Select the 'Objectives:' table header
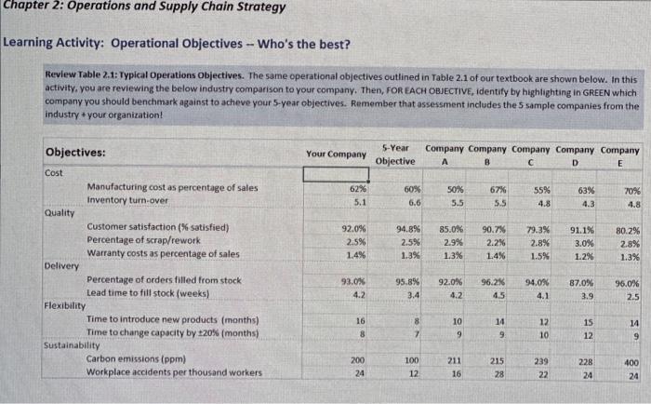[75, 152]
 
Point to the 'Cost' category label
[56, 173]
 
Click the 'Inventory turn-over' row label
[127, 200]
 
